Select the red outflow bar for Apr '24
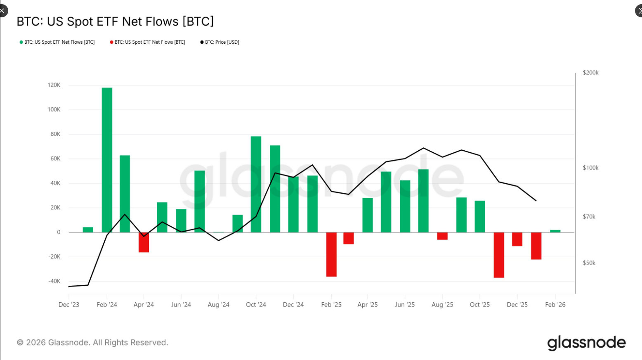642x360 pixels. [144, 242]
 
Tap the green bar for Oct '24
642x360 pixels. [256, 184]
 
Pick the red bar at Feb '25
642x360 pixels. [331, 254]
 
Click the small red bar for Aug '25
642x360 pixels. [442, 236]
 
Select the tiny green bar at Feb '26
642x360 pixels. [555, 231]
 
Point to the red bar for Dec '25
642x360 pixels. [517, 239]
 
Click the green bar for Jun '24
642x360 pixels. [181, 220]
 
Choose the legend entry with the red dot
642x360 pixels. [147, 42]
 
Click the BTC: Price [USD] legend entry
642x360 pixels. [220, 42]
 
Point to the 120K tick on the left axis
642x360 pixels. [54, 85]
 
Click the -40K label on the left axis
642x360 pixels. [54, 281]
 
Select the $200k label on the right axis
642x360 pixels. [590, 73]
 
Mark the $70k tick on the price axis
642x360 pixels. [589, 217]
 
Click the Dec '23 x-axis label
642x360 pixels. [69, 305]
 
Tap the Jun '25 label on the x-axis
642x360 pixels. [405, 305]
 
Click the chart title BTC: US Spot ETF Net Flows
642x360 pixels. [115, 21]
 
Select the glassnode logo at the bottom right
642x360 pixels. [586, 343]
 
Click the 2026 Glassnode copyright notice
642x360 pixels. [92, 343]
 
